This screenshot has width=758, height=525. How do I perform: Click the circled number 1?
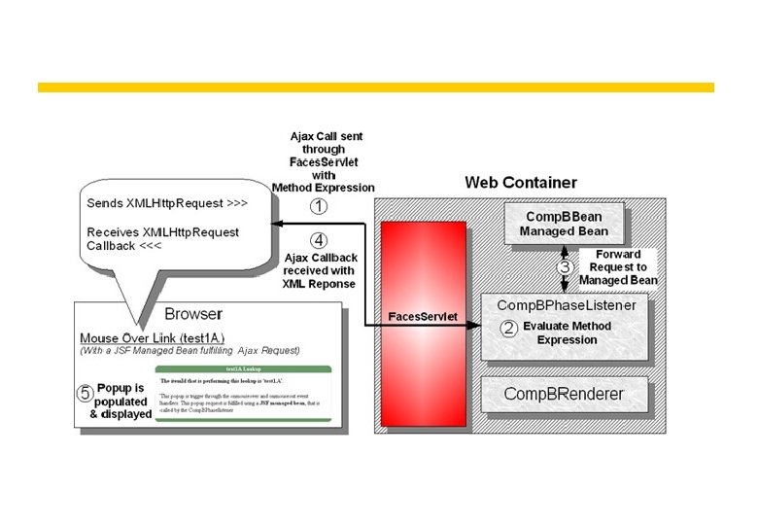319,206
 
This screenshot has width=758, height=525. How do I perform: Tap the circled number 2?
507,328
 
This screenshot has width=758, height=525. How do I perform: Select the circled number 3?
563,266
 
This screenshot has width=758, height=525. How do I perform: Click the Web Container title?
520,182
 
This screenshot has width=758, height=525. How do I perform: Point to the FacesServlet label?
423,317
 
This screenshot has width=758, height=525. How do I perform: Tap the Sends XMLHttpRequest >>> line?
153,207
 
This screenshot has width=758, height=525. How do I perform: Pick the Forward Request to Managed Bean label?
618,267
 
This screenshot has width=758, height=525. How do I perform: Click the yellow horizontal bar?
375,87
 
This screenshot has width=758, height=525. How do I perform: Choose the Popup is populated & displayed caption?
123,401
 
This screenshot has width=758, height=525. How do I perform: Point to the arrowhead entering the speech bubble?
277,225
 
